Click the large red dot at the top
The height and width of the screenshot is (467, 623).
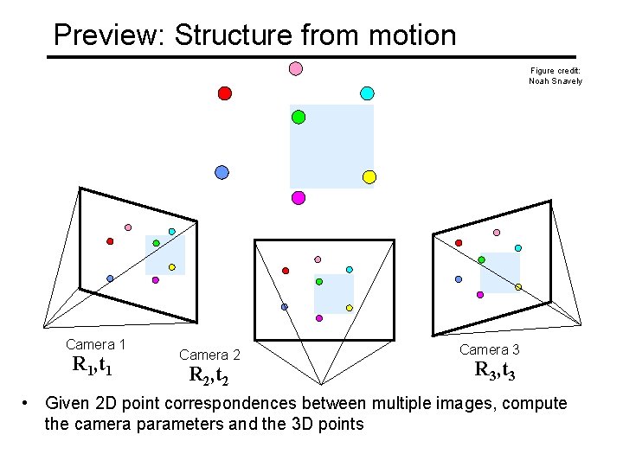point(225,93)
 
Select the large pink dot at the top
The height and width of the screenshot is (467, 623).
point(295,68)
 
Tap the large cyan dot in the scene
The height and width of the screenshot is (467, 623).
point(367,93)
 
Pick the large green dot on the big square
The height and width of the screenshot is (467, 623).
point(299,117)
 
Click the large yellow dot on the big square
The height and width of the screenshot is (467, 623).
point(369,177)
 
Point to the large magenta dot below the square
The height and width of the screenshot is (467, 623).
point(299,197)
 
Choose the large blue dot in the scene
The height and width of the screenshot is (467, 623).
point(222,172)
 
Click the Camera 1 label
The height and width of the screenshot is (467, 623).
point(96,344)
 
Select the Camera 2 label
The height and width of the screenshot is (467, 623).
point(209,355)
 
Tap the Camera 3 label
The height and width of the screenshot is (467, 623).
point(490,349)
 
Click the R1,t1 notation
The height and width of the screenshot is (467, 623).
point(93,365)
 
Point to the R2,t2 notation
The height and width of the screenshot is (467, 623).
point(209,375)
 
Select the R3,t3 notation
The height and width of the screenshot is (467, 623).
point(496,370)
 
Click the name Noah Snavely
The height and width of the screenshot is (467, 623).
point(556,81)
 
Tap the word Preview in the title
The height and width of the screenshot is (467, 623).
point(110,35)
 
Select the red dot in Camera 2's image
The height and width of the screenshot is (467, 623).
point(286,271)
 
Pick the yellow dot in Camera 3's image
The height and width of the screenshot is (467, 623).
point(518,287)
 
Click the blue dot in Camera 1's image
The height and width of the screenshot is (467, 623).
point(110,278)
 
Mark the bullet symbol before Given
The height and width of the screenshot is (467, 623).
point(28,403)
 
